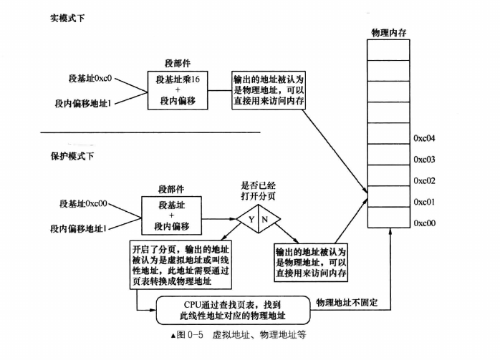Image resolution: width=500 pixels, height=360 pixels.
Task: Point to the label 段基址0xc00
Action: pos(83,203)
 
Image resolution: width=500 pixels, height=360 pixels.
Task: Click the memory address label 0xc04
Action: pos(424,138)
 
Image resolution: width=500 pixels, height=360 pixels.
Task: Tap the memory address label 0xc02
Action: pos(424,180)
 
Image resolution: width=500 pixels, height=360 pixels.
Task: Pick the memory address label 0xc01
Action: pos(424,202)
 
